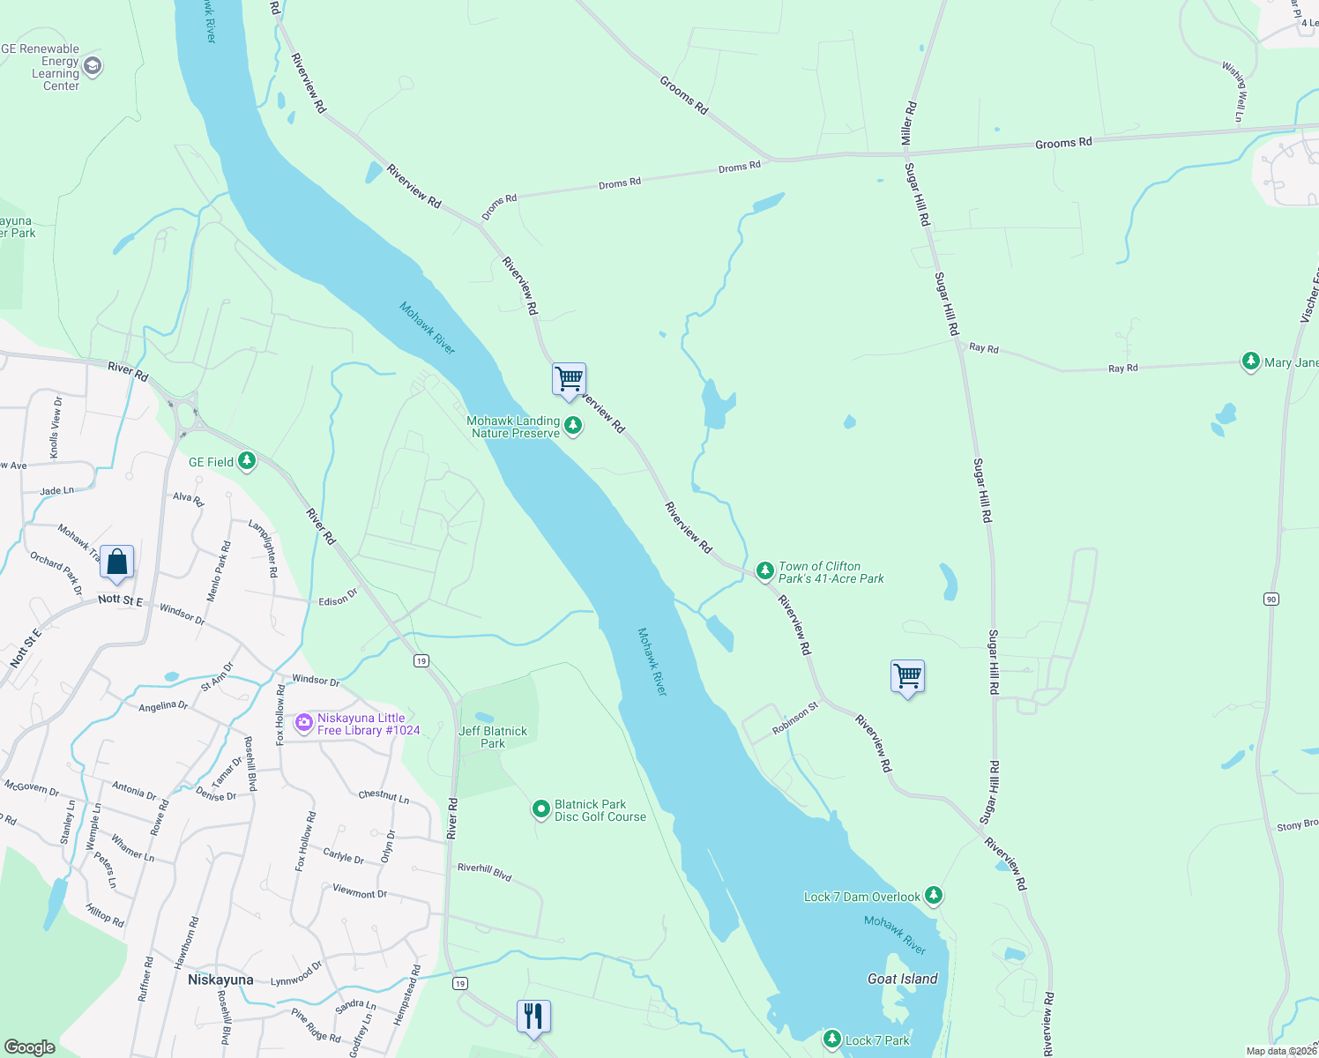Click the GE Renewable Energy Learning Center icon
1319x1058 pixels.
[93, 67]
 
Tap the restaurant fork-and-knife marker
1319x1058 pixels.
[533, 1017]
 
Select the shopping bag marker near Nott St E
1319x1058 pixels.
[116, 563]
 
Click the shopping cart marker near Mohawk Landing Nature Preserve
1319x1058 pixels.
[570, 380]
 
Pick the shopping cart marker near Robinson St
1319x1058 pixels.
[907, 676]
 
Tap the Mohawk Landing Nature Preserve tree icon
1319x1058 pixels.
[573, 427]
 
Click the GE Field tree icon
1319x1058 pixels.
[247, 461]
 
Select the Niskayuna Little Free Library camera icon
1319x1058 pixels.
[304, 724]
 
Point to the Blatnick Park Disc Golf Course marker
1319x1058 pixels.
[541, 809]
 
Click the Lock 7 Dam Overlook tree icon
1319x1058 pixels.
[934, 896]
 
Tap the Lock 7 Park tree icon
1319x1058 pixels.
[831, 1039]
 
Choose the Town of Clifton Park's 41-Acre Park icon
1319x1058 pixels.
[765, 570]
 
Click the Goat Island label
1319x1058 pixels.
[902, 979]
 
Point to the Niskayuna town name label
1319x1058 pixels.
[220, 980]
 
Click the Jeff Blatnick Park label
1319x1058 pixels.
[493, 737]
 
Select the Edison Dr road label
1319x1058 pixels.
[338, 598]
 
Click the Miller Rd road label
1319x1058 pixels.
[908, 123]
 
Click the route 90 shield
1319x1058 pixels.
[1271, 600]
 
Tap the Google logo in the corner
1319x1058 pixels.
[30, 1047]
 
